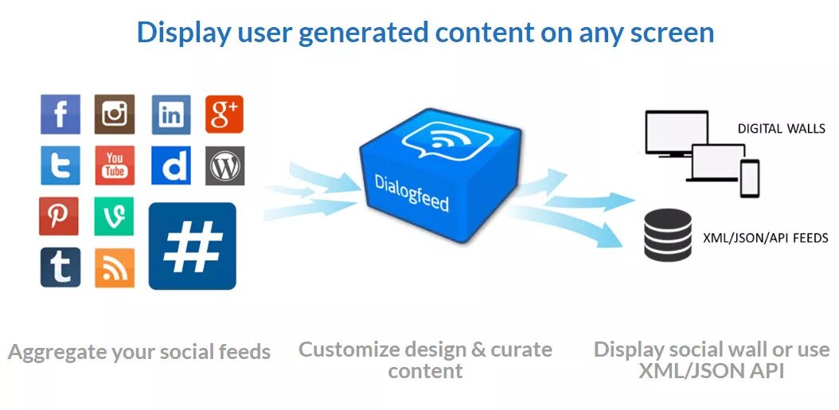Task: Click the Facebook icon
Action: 60,115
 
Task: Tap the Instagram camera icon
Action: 115,115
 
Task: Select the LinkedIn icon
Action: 170,115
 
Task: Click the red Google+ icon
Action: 224,115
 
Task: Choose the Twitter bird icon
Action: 60,166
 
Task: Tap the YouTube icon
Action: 115,166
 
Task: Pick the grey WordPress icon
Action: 224,166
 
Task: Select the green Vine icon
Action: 114,217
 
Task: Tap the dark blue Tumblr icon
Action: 60,267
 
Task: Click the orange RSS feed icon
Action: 115,267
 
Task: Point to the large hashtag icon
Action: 192,246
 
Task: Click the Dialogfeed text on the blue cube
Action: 412,193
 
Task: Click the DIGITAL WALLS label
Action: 781,128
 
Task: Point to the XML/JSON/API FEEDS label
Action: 765,237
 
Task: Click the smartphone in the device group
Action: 749,178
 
